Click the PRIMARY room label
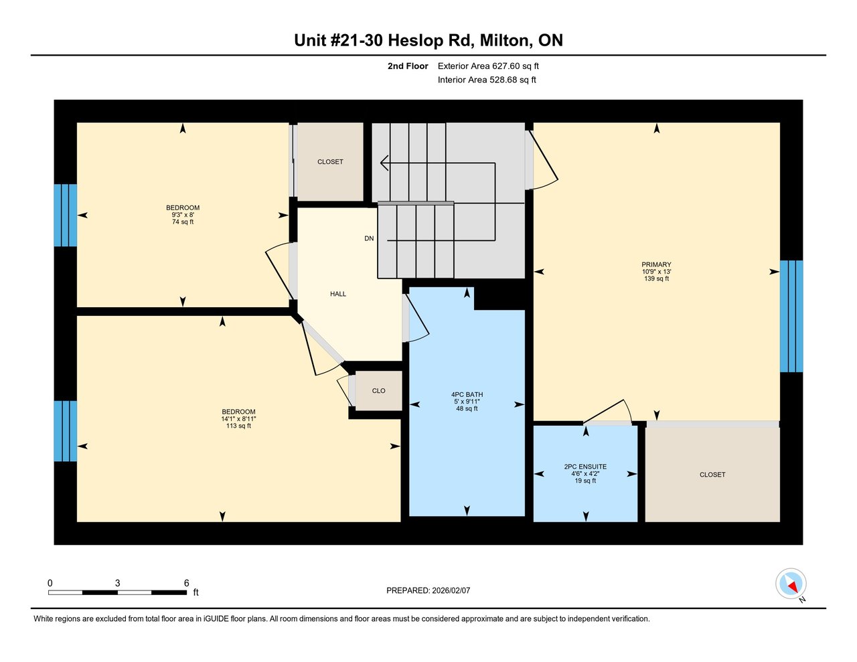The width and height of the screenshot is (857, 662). click(656, 264)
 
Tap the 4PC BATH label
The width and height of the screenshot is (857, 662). click(467, 394)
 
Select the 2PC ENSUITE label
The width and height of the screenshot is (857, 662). click(585, 467)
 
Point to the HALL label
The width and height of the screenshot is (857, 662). click(338, 294)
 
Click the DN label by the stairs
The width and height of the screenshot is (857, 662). click(369, 238)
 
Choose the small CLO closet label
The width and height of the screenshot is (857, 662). click(379, 391)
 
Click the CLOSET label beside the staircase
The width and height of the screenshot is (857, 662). click(330, 162)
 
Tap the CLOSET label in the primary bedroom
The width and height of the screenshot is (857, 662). click(712, 475)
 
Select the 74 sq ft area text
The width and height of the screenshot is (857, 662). click(183, 222)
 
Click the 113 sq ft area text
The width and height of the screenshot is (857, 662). click(239, 426)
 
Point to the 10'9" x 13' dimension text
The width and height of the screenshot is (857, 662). click(656, 272)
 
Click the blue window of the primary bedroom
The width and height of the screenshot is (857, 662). click(791, 316)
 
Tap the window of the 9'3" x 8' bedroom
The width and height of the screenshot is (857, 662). click(66, 215)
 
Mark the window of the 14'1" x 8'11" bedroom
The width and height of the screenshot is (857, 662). click(66, 431)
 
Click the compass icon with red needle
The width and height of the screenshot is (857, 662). click(791, 584)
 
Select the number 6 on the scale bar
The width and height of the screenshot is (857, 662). click(186, 583)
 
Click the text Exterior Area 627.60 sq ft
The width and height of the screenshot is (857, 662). click(488, 66)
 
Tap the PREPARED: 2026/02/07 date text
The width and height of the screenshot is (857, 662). click(428, 590)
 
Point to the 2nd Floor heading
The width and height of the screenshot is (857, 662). click(408, 66)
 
